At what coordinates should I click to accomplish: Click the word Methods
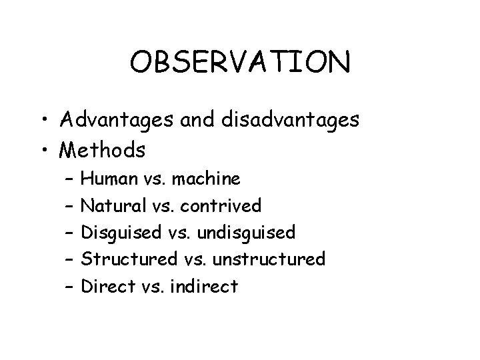102,150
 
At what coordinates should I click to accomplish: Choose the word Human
108,179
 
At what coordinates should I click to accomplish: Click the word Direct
105,286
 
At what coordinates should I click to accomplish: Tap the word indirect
204,286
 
